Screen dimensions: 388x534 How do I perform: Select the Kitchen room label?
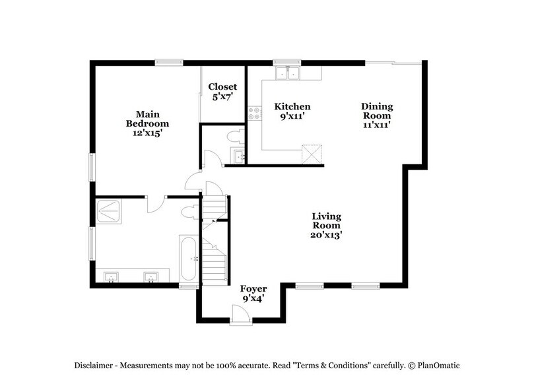click(x=292, y=106)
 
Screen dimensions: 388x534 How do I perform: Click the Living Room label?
click(x=329, y=224)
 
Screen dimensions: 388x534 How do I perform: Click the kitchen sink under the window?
click(x=288, y=73)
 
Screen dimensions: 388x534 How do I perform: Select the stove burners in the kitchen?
click(x=251, y=113)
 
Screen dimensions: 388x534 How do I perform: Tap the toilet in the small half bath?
click(x=232, y=137)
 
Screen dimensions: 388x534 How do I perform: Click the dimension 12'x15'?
click(x=148, y=132)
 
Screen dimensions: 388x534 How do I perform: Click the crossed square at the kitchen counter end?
click(x=310, y=154)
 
